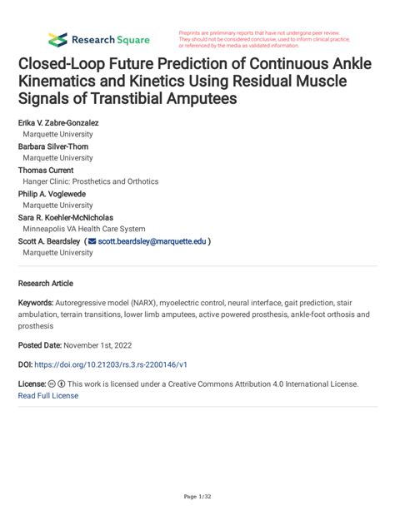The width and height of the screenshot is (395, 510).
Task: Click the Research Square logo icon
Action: click(x=57, y=39)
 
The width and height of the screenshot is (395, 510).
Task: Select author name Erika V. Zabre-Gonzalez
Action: click(x=58, y=123)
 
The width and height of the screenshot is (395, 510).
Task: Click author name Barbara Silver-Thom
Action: click(x=55, y=146)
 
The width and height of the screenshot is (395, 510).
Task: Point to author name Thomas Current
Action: click(x=48, y=170)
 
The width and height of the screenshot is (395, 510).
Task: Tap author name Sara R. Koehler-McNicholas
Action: click(x=72, y=217)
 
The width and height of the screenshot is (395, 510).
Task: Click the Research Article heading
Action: click(x=50, y=283)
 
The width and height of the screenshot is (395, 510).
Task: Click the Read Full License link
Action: click(x=48, y=395)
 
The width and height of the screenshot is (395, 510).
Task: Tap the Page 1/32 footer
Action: click(x=197, y=497)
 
